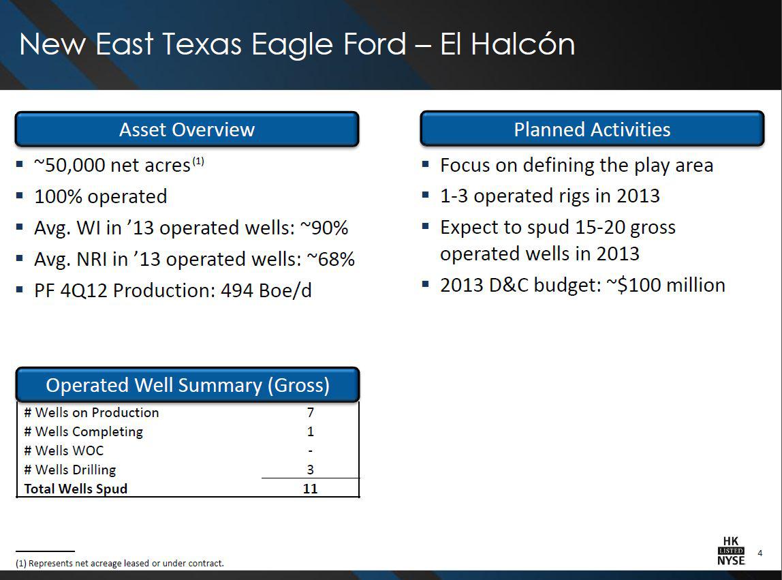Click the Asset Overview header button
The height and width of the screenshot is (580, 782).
pos(187,129)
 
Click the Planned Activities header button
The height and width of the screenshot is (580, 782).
pos(591,129)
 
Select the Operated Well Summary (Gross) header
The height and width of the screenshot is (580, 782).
pos(187,385)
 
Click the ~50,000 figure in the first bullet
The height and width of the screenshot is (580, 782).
pos(65,166)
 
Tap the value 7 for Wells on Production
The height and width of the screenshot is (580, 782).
pos(311,412)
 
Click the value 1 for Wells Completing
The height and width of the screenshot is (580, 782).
pos(311,431)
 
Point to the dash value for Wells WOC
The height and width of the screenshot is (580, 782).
pos(311,451)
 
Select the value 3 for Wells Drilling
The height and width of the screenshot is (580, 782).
pos(311,470)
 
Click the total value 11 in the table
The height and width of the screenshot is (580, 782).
pos(311,489)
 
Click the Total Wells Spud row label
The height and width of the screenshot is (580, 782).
pos(76,489)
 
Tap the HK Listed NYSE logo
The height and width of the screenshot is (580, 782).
pos(731,551)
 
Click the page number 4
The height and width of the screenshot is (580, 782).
pos(760,552)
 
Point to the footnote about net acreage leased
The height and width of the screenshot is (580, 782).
pos(119,563)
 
